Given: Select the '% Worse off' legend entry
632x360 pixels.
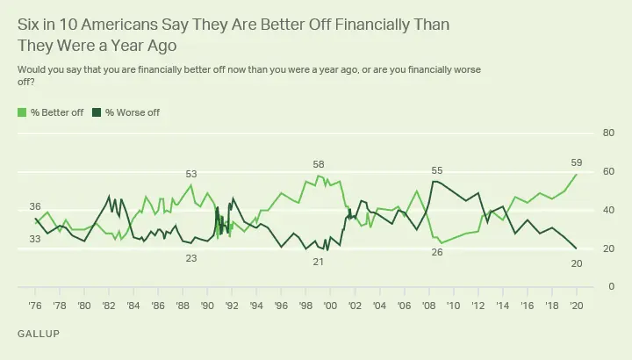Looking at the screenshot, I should pos(133,112).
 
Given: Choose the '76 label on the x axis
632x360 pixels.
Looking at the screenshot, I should pos(35,307).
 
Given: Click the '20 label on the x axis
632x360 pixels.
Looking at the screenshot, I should pos(576,307).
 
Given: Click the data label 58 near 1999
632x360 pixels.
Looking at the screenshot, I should pos(320,164).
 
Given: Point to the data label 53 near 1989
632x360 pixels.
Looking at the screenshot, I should pos(190,174).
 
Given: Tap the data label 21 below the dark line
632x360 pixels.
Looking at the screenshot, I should pos(319,263).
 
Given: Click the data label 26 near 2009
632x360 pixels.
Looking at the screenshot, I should pos(436,253).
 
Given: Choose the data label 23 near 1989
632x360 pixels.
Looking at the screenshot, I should pos(190,257).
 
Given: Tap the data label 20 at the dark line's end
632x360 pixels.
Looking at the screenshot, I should pos(577,263).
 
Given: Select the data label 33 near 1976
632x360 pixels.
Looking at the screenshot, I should pos(35,239).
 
